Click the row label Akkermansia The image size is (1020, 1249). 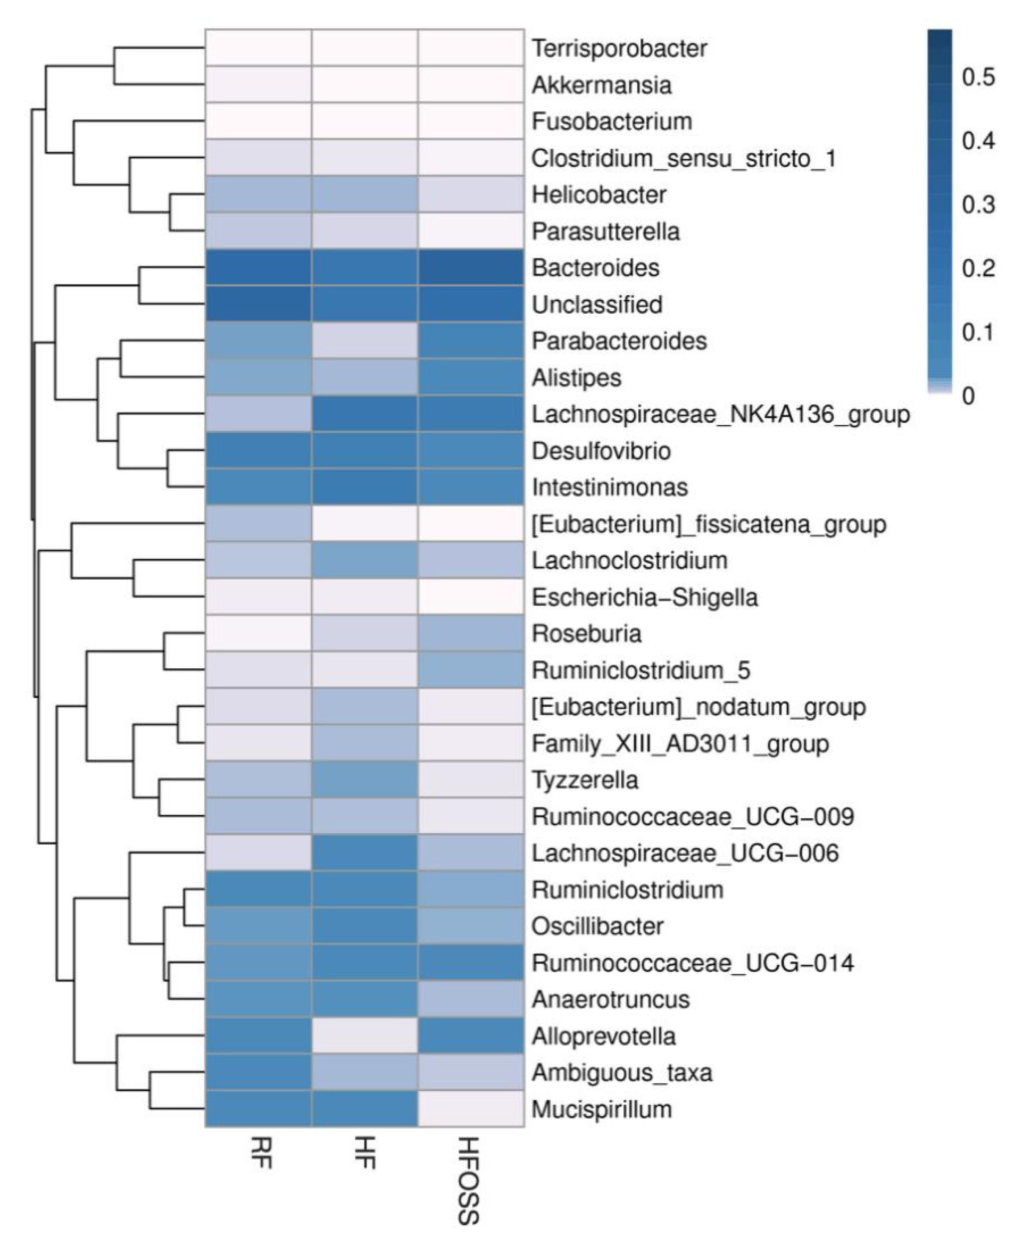click(601, 85)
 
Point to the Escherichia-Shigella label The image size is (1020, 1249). click(645, 597)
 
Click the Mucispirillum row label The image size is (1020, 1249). click(602, 1109)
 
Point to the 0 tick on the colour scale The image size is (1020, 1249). click(968, 395)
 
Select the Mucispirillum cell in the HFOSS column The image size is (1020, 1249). click(471, 1109)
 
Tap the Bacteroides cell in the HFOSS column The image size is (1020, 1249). click(471, 268)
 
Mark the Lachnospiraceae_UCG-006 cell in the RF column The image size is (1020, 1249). click(258, 853)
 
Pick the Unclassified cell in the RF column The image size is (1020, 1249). click(258, 304)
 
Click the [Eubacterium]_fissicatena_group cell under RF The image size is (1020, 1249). click(258, 523)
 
